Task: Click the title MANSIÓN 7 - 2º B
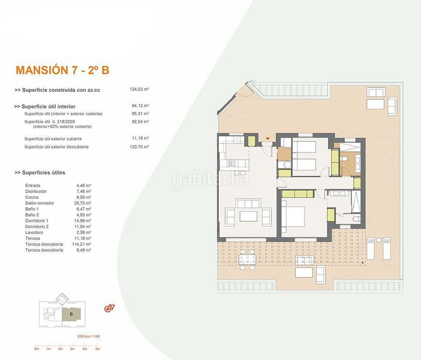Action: pyautogui.click(x=62, y=70)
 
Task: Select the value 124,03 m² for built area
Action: pyautogui.click(x=139, y=89)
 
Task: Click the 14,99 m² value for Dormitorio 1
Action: pyautogui.click(x=84, y=220)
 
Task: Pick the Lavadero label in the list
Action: pyautogui.click(x=35, y=232)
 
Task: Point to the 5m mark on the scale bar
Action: pyautogui.click(x=97, y=349)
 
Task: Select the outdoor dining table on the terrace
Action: pyautogui.click(x=248, y=259)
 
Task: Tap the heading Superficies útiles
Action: pyautogui.click(x=47, y=172)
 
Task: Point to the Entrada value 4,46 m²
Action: pyautogui.click(x=83, y=185)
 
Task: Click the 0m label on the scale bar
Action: pyautogui.click(x=37, y=349)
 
